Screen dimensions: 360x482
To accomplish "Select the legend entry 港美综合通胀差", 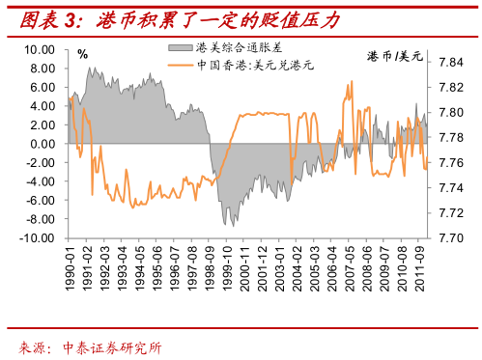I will click(x=231, y=48).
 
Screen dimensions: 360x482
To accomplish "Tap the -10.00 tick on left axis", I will click(x=40, y=237).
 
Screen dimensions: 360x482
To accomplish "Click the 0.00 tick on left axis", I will click(x=44, y=144).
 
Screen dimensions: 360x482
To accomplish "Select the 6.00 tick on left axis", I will click(x=44, y=87).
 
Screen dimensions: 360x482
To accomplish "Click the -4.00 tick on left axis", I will click(x=43, y=181).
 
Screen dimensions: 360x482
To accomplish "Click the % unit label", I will click(x=82, y=56).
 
